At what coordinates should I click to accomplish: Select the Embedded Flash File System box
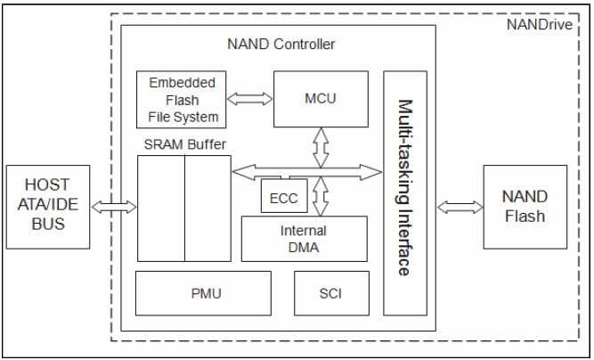pyautogui.click(x=183, y=100)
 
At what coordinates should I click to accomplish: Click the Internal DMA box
pyautogui.click(x=304, y=238)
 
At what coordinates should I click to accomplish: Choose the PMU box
pyautogui.click(x=203, y=293)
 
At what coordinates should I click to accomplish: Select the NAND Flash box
pyautogui.click(x=525, y=206)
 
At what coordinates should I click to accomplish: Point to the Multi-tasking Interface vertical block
pyautogui.click(x=404, y=192)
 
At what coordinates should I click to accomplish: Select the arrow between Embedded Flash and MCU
pyautogui.click(x=250, y=99)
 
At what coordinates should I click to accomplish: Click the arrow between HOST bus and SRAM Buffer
pyautogui.click(x=114, y=207)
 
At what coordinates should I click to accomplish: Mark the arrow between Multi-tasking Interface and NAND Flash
pyautogui.click(x=460, y=207)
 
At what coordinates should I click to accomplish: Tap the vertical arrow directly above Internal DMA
pyautogui.click(x=319, y=195)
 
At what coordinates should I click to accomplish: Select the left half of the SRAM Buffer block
pyautogui.click(x=161, y=209)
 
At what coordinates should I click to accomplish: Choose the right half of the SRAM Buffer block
pyautogui.click(x=207, y=209)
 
